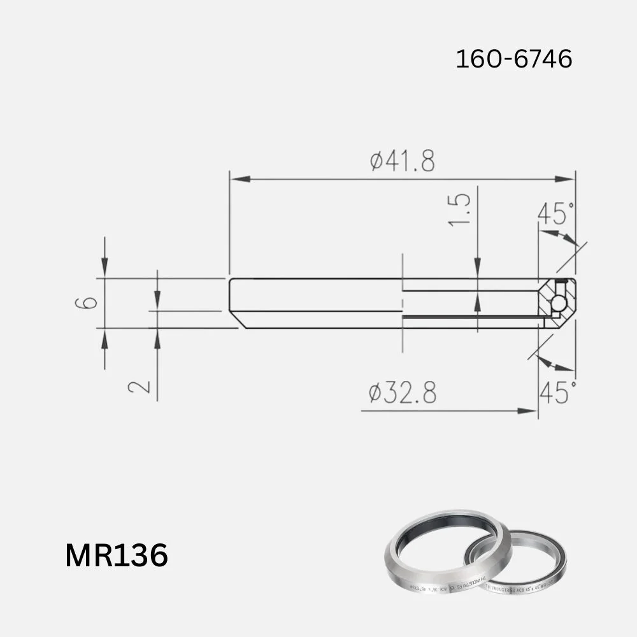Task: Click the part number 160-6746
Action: click(x=513, y=59)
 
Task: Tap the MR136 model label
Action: click(x=117, y=555)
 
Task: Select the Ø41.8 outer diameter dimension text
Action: click(x=403, y=162)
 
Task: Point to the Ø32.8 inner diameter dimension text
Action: click(x=403, y=394)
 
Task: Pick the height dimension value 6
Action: click(x=90, y=302)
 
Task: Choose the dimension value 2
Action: click(x=140, y=385)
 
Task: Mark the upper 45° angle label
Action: click(x=555, y=213)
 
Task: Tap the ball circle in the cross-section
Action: click(x=559, y=303)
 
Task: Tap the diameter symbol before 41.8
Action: click(x=376, y=162)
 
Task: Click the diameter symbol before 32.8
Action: click(x=376, y=394)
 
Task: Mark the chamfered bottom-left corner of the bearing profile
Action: click(x=234, y=320)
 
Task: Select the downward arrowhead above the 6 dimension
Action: click(x=104, y=270)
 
